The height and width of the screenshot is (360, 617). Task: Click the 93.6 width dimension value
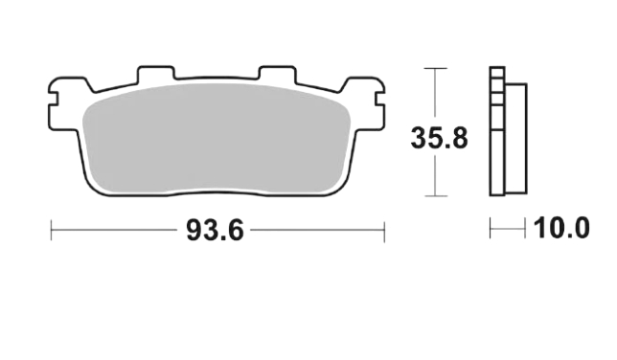[215, 231]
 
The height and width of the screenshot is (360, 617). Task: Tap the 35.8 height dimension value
[439, 138]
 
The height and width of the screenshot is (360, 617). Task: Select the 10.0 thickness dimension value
[561, 228]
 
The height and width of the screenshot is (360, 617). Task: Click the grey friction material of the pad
[216, 139]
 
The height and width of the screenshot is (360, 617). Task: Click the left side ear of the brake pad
[67, 103]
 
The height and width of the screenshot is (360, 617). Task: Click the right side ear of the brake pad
[364, 103]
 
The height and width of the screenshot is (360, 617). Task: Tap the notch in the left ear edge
[53, 99]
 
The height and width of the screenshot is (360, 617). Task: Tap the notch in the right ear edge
[379, 99]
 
